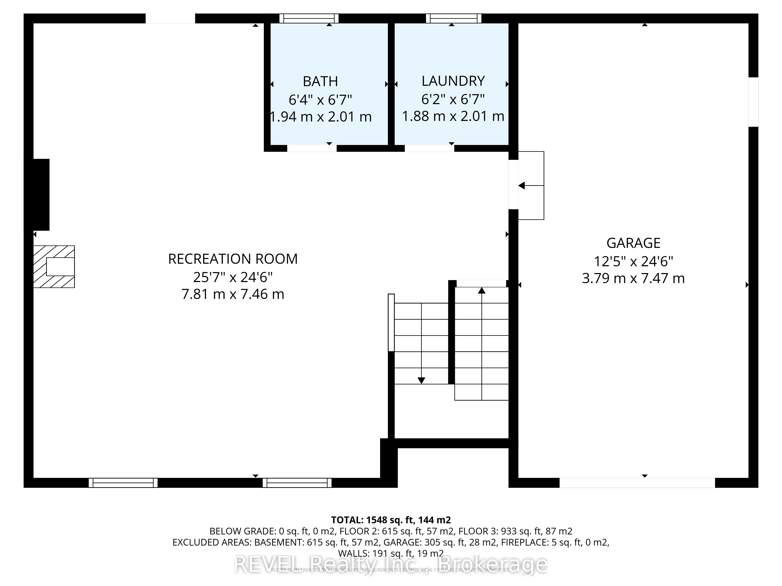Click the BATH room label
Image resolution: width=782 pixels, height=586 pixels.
tap(320, 82)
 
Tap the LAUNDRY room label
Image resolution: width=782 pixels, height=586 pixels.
tap(453, 81)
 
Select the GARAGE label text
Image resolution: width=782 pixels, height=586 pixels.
tap(633, 243)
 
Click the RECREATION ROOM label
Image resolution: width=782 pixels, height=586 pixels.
tap(233, 259)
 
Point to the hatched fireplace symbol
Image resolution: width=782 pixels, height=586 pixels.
tap(54, 267)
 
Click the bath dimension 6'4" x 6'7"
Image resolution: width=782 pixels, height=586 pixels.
tap(320, 100)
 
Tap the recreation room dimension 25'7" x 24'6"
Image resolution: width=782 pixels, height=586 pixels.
tap(233, 277)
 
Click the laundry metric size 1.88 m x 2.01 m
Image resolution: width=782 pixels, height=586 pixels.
tap(453, 116)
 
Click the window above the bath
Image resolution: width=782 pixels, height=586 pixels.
tap(309, 18)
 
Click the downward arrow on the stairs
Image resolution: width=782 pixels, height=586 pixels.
tap(421, 380)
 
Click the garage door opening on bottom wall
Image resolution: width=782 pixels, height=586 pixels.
tap(637, 483)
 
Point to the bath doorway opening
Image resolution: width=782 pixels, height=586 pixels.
tap(311, 148)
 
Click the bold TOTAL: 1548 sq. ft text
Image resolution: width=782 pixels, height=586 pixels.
tap(391, 520)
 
